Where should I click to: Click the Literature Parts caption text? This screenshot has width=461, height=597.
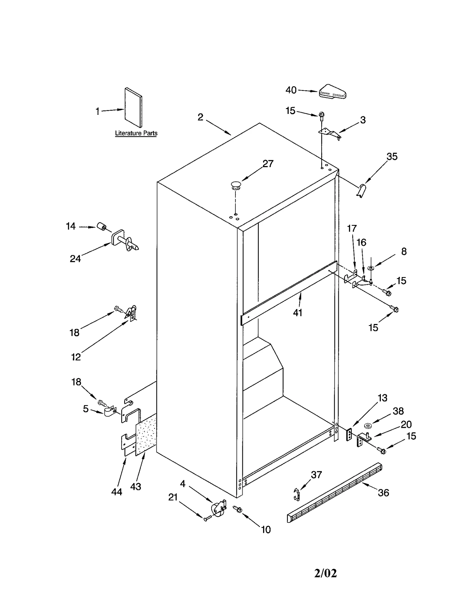tap(136, 133)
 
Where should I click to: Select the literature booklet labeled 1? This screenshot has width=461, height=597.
tap(133, 108)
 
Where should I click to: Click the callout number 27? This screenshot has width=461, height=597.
tap(268, 164)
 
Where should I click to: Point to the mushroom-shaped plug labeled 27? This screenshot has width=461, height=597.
tap(236, 185)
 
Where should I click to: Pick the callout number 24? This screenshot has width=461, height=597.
tap(75, 259)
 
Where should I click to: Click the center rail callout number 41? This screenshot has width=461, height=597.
tap(297, 313)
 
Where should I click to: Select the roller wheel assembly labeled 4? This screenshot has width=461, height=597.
tap(219, 509)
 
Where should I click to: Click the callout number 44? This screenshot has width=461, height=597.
tap(117, 492)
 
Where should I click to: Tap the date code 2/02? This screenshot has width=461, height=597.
tap(325, 565)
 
